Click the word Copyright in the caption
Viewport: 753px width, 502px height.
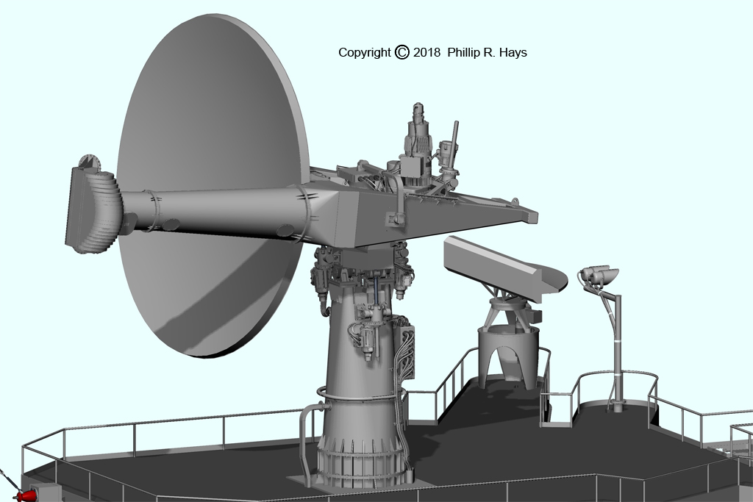(x=365, y=53)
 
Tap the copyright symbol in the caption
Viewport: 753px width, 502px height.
(x=402, y=52)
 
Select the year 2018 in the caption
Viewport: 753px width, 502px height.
(x=427, y=52)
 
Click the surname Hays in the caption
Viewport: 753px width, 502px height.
(x=513, y=53)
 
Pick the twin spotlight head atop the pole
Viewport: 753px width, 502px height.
(x=599, y=276)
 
